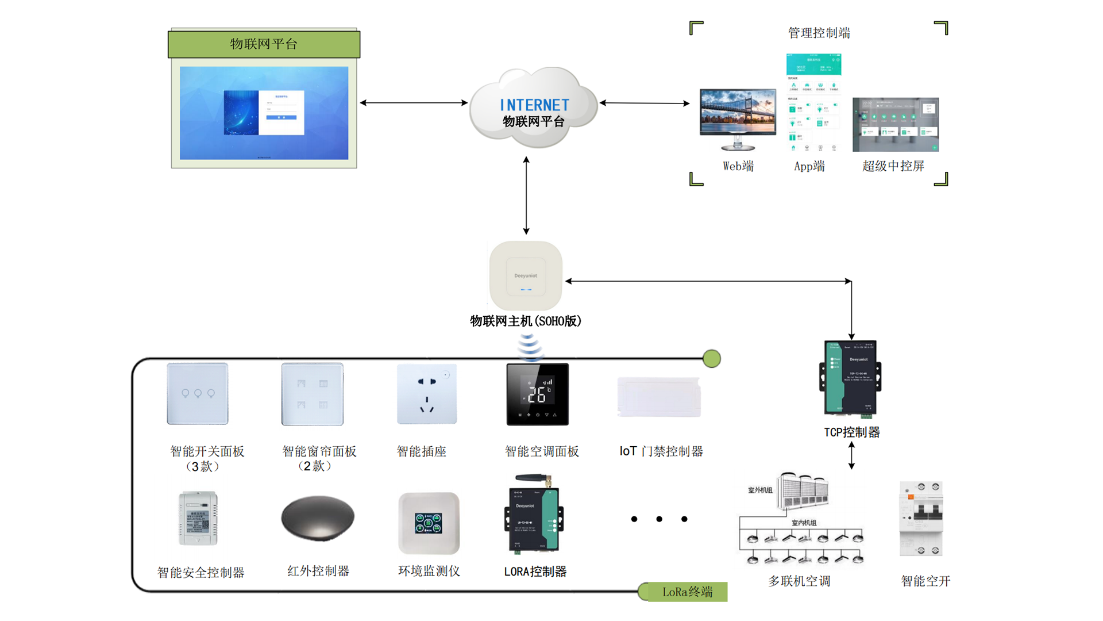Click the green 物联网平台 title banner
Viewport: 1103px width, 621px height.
point(264,44)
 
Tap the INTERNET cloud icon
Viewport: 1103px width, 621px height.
point(534,108)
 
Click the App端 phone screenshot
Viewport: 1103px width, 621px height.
point(813,103)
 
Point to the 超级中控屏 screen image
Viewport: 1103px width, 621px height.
point(895,124)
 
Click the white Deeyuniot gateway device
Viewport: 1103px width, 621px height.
point(526,276)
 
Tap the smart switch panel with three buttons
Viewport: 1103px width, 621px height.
point(198,394)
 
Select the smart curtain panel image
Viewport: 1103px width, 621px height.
point(313,394)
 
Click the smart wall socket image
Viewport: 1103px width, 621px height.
point(427,394)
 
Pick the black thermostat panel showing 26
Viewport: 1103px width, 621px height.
point(537,394)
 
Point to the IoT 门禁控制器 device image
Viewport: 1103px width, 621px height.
point(659,397)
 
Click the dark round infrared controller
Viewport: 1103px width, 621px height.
point(318,517)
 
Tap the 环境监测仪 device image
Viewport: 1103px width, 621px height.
point(429,523)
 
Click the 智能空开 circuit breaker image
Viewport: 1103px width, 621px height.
point(921,519)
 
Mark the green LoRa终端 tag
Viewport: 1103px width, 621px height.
point(687,592)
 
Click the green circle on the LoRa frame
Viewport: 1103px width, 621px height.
point(712,359)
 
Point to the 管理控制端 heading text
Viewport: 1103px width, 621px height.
point(819,33)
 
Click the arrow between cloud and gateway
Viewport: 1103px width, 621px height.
point(526,195)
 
